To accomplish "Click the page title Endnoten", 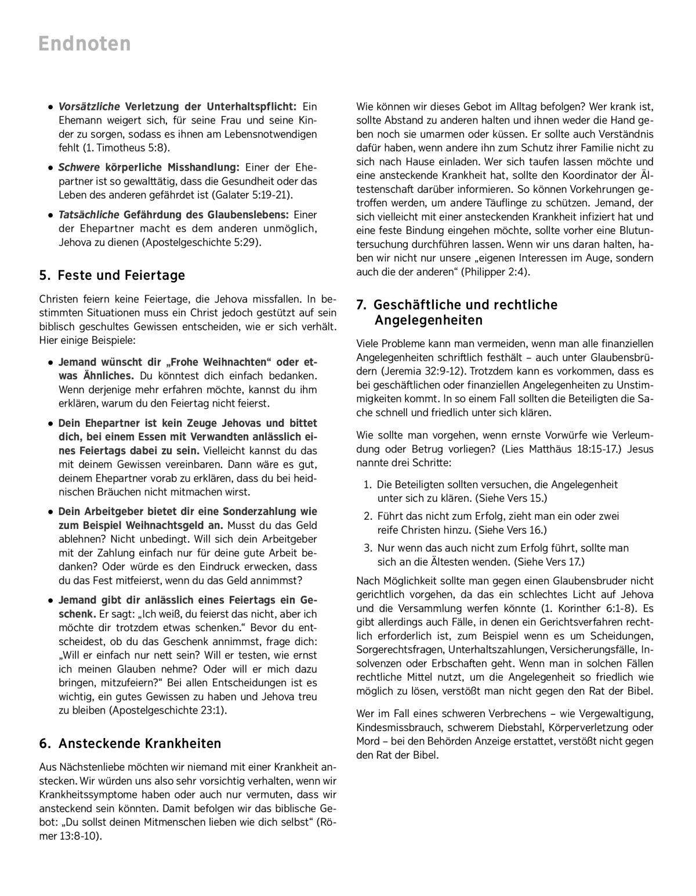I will [x=85, y=44].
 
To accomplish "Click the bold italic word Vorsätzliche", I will [x=89, y=107].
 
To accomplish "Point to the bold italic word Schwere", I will [x=79, y=168].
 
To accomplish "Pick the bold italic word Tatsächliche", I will [x=89, y=215].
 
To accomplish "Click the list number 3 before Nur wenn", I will [x=367, y=548].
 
